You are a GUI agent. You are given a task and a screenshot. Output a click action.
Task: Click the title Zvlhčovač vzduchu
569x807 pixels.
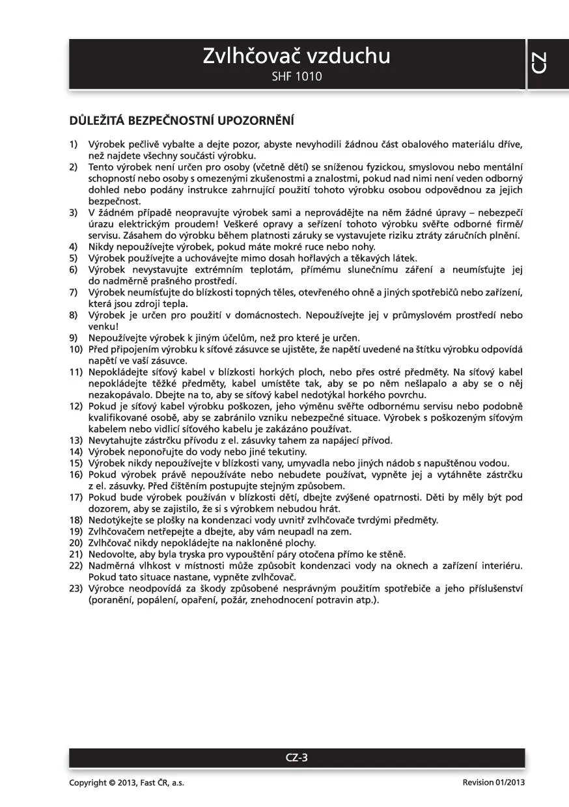click(x=296, y=56)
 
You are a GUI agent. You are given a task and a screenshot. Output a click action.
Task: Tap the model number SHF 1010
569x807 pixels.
click(x=296, y=77)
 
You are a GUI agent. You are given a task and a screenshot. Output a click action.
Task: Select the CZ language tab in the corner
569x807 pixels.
click(x=539, y=62)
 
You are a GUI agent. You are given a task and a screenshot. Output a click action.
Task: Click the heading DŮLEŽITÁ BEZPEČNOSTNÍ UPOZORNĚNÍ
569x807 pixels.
click(x=182, y=121)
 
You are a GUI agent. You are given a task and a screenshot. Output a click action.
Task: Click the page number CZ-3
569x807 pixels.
click(x=297, y=757)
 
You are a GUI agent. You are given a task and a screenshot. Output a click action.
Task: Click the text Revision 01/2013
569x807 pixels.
click(x=493, y=783)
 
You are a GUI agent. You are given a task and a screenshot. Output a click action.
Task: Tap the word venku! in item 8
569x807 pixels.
click(x=103, y=326)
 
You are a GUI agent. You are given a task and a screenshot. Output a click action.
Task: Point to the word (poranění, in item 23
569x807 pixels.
click(x=111, y=599)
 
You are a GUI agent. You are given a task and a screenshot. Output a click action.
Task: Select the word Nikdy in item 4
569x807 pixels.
click(x=101, y=247)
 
